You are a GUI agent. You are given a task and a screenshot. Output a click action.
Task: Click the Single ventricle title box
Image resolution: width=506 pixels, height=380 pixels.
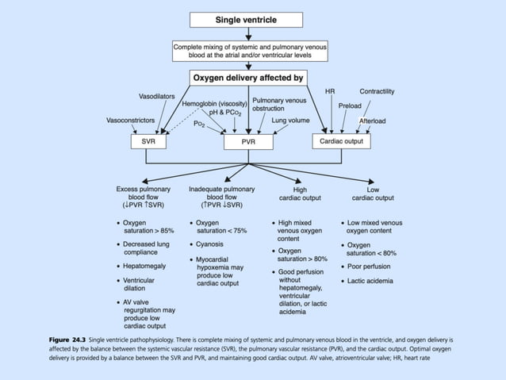tap(248, 18)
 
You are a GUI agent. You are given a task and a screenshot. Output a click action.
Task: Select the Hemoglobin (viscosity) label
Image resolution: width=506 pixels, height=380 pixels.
tap(215, 103)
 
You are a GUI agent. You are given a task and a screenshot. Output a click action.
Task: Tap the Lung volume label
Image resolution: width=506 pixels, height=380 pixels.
tap(290, 120)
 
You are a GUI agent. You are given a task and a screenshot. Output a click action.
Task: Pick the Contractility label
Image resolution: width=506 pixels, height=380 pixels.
tap(377, 91)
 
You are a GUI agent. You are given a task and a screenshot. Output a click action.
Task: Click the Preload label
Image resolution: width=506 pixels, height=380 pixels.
tap(350, 106)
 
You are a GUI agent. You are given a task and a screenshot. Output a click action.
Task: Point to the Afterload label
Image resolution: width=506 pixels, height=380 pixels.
tap(372, 121)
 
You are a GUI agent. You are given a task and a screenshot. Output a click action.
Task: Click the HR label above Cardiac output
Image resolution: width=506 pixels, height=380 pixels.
tap(330, 91)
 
